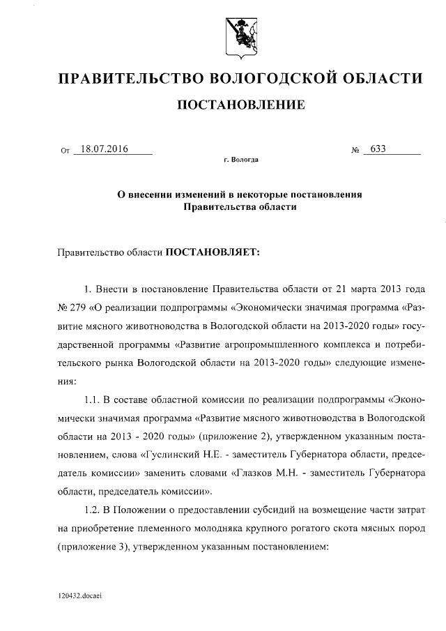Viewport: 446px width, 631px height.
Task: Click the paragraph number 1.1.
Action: [92, 400]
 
